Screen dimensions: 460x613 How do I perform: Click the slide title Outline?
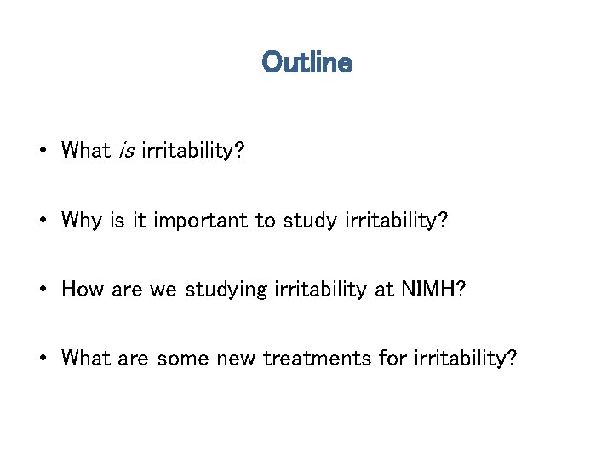pos(306,63)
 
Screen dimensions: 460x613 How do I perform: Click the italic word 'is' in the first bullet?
pos(126,151)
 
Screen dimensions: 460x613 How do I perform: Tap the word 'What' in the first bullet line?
pos(86,151)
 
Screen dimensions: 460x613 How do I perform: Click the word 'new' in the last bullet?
pos(240,358)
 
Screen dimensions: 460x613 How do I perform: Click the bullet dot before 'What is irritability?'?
pos(42,152)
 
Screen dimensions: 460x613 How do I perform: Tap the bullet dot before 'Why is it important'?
pos(42,221)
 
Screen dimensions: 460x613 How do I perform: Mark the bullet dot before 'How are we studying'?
pos(42,290)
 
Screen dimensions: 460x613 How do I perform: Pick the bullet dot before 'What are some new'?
pos(42,359)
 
